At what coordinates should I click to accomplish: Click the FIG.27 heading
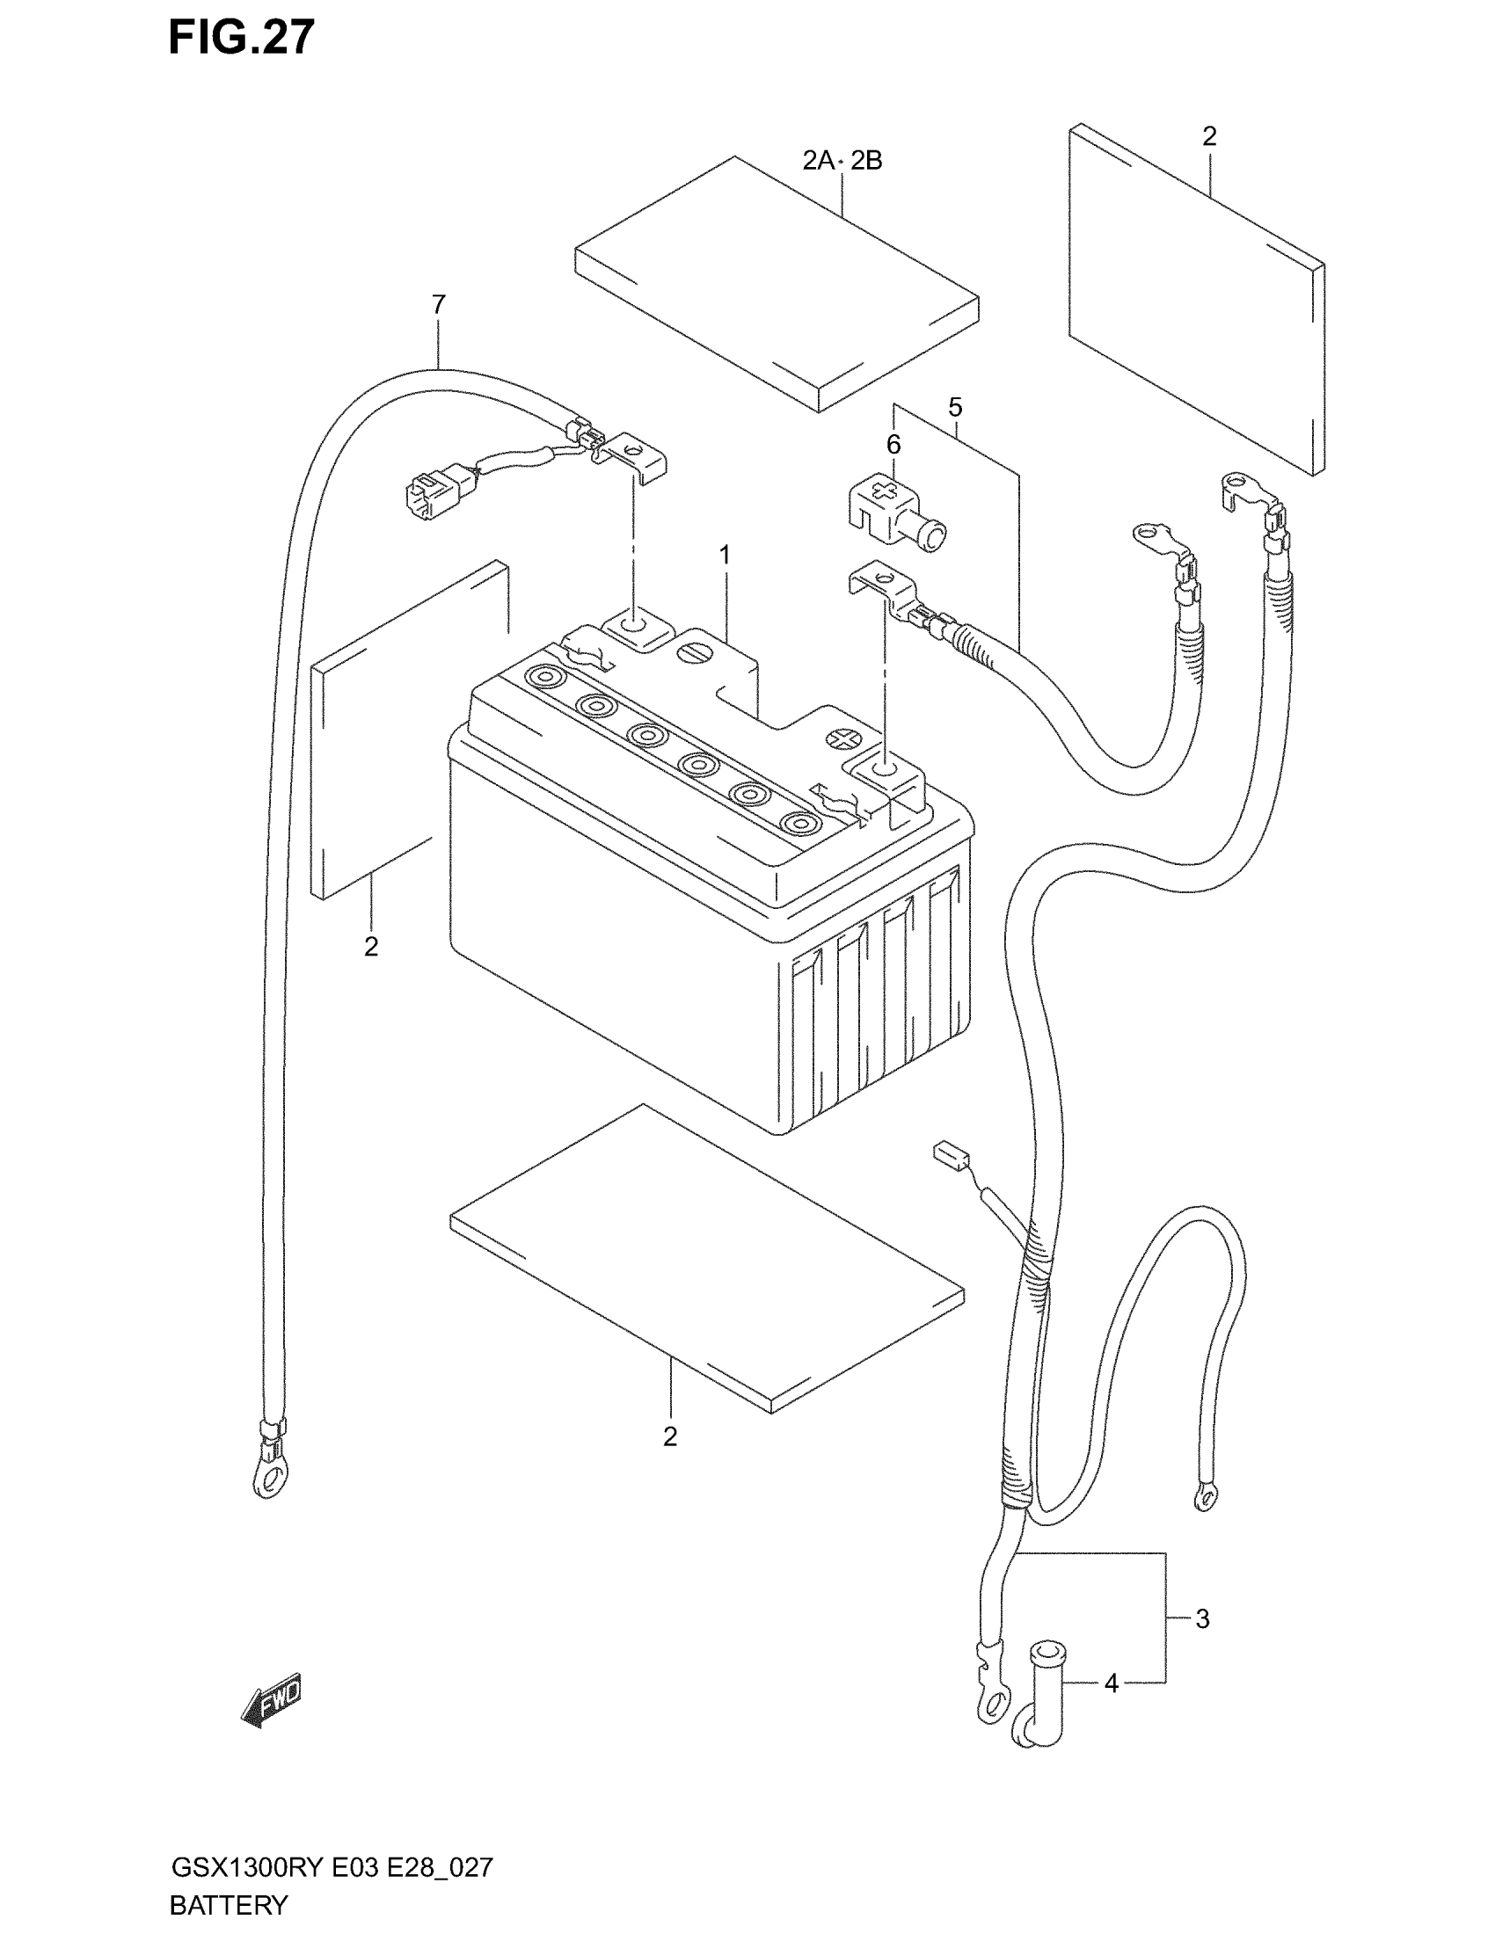point(241,38)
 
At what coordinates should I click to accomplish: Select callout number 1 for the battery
point(725,556)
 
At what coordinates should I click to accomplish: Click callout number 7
point(439,305)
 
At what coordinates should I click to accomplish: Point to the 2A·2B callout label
point(842,161)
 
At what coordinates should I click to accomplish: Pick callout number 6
point(893,445)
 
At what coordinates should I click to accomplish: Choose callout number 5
point(955,407)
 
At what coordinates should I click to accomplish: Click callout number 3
point(1202,1618)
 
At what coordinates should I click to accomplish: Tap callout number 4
point(1112,1683)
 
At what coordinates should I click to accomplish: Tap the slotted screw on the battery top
point(693,652)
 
